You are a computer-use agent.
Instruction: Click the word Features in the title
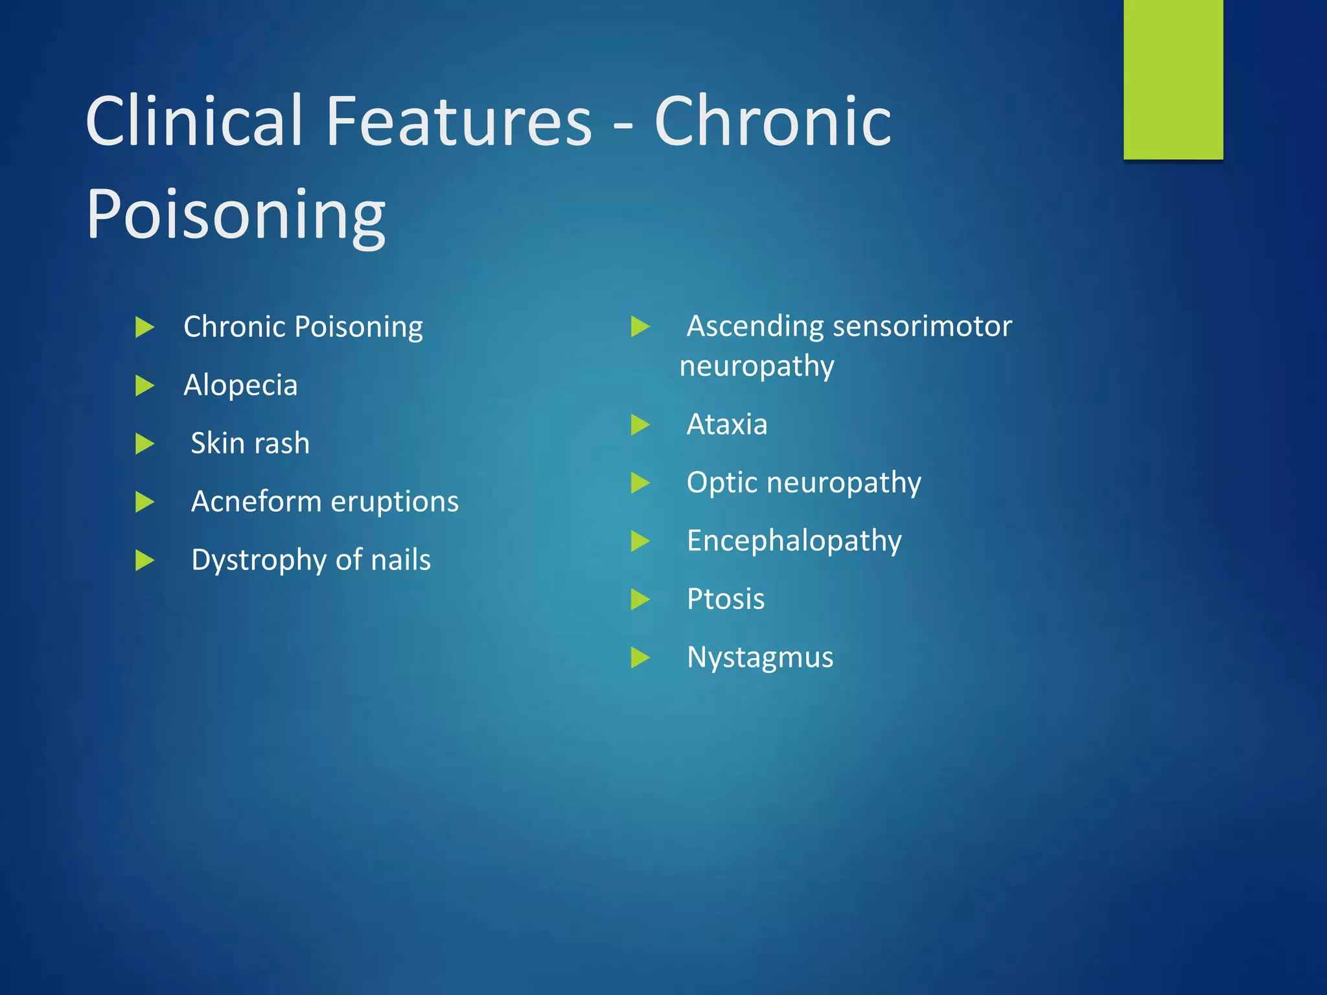click(459, 121)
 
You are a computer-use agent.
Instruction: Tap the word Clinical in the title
click(194, 121)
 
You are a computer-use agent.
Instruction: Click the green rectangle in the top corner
click(1173, 79)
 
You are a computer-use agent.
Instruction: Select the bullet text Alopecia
click(240, 385)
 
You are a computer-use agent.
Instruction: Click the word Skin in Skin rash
click(217, 444)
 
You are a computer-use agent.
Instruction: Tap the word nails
click(400, 560)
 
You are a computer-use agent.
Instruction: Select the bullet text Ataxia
click(726, 425)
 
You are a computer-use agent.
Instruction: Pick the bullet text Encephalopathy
click(794, 542)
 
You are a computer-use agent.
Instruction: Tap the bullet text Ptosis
click(725, 599)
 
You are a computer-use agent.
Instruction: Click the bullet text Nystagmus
click(759, 658)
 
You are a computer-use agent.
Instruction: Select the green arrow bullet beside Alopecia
click(144, 386)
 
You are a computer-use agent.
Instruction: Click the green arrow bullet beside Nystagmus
click(640, 658)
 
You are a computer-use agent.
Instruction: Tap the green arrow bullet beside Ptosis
click(640, 599)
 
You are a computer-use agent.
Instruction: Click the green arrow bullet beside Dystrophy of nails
click(144, 560)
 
